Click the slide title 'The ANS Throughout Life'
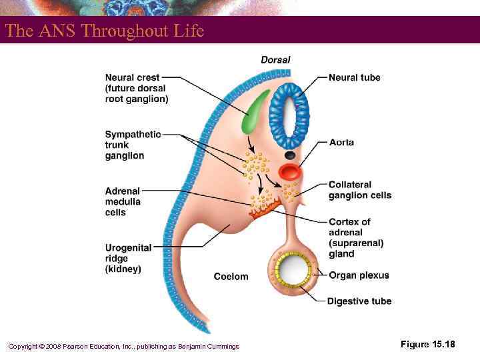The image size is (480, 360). click(x=104, y=31)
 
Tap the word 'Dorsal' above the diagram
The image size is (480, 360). click(x=275, y=60)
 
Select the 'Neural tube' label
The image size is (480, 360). click(x=354, y=77)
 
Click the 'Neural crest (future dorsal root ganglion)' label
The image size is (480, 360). click(x=136, y=88)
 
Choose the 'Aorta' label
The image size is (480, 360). click(x=341, y=143)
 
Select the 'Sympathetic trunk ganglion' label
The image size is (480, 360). click(x=133, y=145)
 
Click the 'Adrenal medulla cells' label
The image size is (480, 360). click(x=123, y=201)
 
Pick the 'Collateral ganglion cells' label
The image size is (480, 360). click(x=359, y=190)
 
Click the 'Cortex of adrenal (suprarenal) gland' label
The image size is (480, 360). click(x=356, y=237)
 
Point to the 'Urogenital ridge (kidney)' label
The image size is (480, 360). click(x=128, y=258)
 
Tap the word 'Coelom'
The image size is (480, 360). click(x=231, y=277)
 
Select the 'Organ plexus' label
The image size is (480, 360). click(x=359, y=275)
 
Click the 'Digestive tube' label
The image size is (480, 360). click(x=359, y=301)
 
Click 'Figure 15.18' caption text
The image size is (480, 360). click(x=427, y=344)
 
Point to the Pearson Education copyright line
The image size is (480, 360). click(x=123, y=346)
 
